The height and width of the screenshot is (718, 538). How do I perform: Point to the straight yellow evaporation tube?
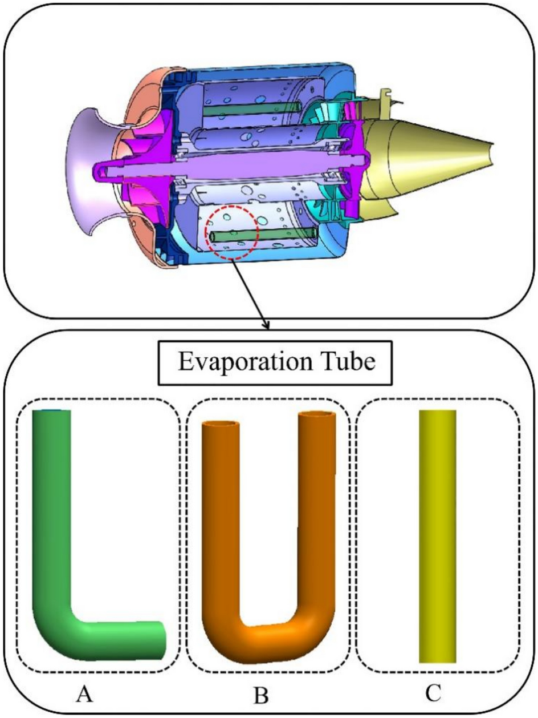[x=437, y=537]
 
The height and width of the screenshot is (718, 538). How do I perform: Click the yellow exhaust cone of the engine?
[x=433, y=148]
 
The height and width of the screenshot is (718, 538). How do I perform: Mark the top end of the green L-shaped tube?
[x=52, y=413]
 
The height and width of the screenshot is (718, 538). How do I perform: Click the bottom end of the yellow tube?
[x=437, y=659]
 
